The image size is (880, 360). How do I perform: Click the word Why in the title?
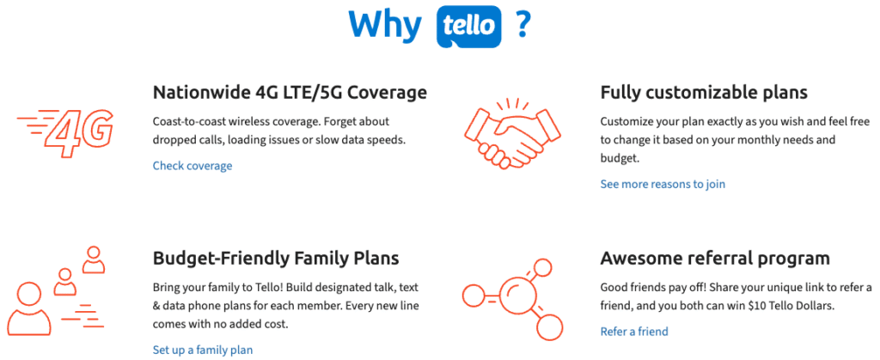coord(385,23)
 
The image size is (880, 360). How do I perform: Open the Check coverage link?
coord(192,166)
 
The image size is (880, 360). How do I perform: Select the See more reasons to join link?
coord(663,184)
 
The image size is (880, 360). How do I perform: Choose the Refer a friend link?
coord(634,332)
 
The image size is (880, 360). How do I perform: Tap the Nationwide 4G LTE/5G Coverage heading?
coord(290,93)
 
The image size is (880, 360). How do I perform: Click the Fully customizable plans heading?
coord(704,93)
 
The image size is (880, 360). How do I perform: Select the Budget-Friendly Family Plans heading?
coord(276,259)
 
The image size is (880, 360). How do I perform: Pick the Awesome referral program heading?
coord(715,259)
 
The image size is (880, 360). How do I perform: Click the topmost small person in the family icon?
coord(94,259)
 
